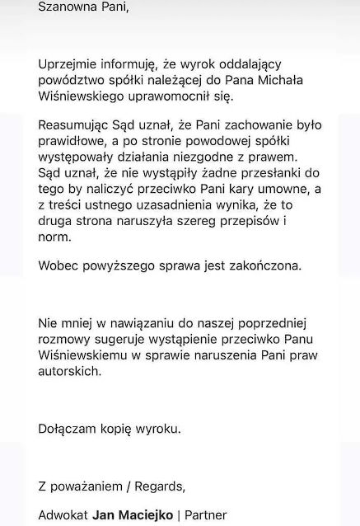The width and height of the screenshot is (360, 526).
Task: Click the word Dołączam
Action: (67, 429)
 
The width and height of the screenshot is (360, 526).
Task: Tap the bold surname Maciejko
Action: (150, 515)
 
